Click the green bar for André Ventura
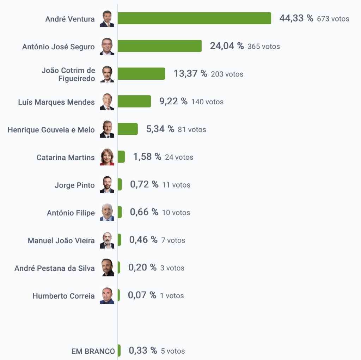tap(194, 18)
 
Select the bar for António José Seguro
tap(159, 46)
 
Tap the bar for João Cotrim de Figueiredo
tap(141, 74)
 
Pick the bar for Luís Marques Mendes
tap(134, 102)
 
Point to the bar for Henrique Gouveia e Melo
tap(127, 129)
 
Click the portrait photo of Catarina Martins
tap(107, 157)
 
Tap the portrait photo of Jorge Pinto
tap(107, 185)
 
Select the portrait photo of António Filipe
tap(107, 212)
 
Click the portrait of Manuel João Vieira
tap(107, 240)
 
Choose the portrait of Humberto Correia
tap(107, 295)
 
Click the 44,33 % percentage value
tap(296, 18)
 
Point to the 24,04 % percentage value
tap(227, 46)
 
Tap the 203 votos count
tap(227, 74)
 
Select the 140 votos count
tap(207, 102)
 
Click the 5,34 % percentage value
tap(160, 129)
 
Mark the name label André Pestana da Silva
tap(55, 268)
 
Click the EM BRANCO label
tap(93, 351)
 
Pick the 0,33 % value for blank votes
tap(143, 350)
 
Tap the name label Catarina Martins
tap(66, 157)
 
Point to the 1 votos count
tap(172, 296)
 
